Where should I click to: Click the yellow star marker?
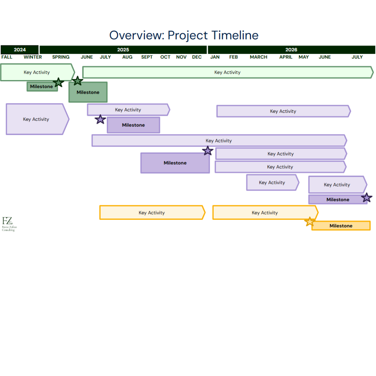pos(310,221)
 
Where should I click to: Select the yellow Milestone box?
pos(341,226)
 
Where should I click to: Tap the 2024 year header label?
pos(20,50)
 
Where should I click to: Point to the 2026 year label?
pos(291,50)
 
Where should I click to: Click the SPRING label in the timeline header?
pos(61,57)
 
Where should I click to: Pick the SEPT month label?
pos(147,57)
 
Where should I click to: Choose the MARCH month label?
pos(259,57)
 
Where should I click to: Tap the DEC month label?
pos(197,57)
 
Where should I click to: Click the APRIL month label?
pos(286,57)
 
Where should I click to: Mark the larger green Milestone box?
pos(88,92)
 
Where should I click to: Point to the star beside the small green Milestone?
pos(58,83)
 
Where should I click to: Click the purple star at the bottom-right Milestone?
pos(366,198)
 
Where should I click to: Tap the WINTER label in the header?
pos(33,57)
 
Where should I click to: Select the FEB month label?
pos(234,57)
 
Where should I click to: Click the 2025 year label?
pos(123,50)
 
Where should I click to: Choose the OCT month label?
pos(165,57)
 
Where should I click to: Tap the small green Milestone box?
pos(41,87)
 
